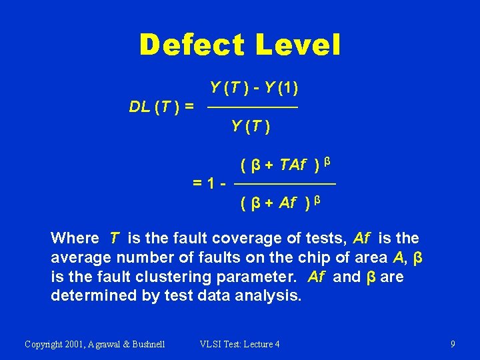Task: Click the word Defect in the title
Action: click(190, 45)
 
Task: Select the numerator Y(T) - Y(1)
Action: click(253, 88)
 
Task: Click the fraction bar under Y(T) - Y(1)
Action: click(253, 107)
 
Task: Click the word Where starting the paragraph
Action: click(74, 238)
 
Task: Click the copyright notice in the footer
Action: click(95, 344)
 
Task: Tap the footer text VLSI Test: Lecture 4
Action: click(240, 344)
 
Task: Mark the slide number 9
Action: click(453, 344)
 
